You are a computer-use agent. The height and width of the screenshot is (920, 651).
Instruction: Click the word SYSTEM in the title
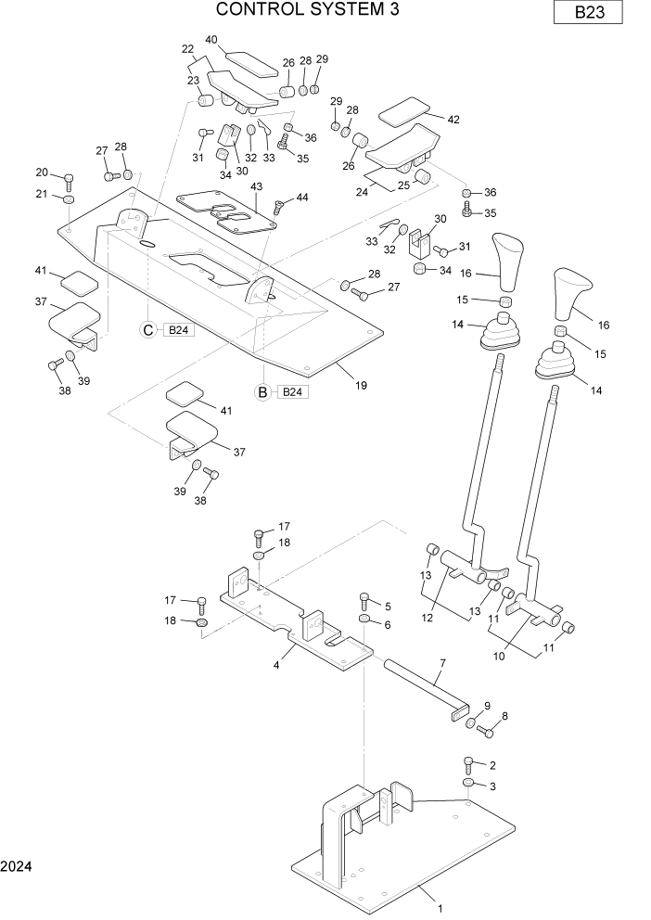click(312, 10)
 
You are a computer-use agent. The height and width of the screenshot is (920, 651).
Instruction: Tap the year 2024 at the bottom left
click(17, 866)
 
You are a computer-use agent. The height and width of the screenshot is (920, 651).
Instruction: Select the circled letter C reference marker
click(147, 329)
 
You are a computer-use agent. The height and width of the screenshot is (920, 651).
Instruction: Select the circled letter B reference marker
click(262, 391)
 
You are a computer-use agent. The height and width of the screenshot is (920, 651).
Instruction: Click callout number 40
click(211, 40)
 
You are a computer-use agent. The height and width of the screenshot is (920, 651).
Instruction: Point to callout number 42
click(453, 120)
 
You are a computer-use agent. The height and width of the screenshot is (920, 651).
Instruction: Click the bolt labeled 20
click(69, 177)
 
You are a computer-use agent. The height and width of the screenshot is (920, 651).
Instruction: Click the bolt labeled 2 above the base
click(469, 764)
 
